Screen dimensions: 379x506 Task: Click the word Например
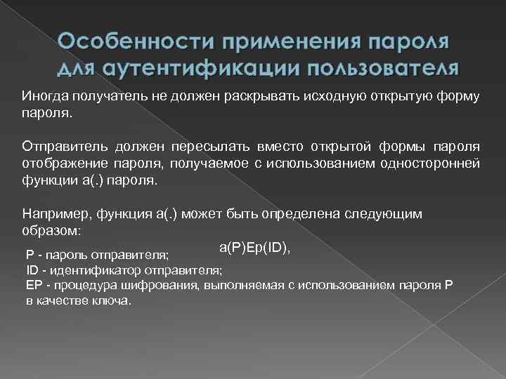50,214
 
